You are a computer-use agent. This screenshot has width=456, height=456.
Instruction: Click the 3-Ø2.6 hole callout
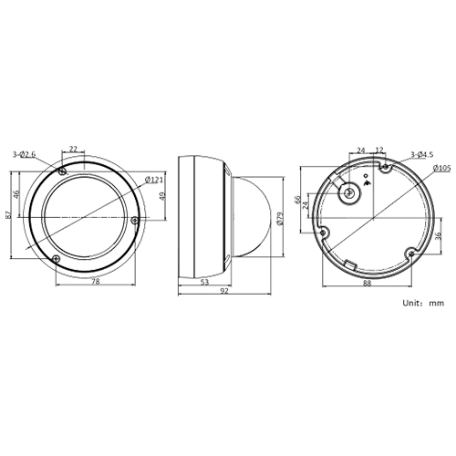tap(25, 156)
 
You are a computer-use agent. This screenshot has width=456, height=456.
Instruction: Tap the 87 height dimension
tap(8, 214)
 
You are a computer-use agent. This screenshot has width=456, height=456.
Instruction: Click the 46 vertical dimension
tap(17, 194)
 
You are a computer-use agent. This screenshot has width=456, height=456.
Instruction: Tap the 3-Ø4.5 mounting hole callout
tap(421, 156)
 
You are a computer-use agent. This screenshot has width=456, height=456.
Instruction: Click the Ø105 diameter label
tap(442, 169)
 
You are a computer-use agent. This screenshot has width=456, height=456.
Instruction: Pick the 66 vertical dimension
tap(297, 200)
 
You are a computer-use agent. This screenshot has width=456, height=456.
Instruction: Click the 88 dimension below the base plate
tap(367, 284)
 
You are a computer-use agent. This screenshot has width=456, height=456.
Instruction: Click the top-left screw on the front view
tap(61, 172)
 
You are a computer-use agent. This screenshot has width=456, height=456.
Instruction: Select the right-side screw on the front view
tap(136, 219)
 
